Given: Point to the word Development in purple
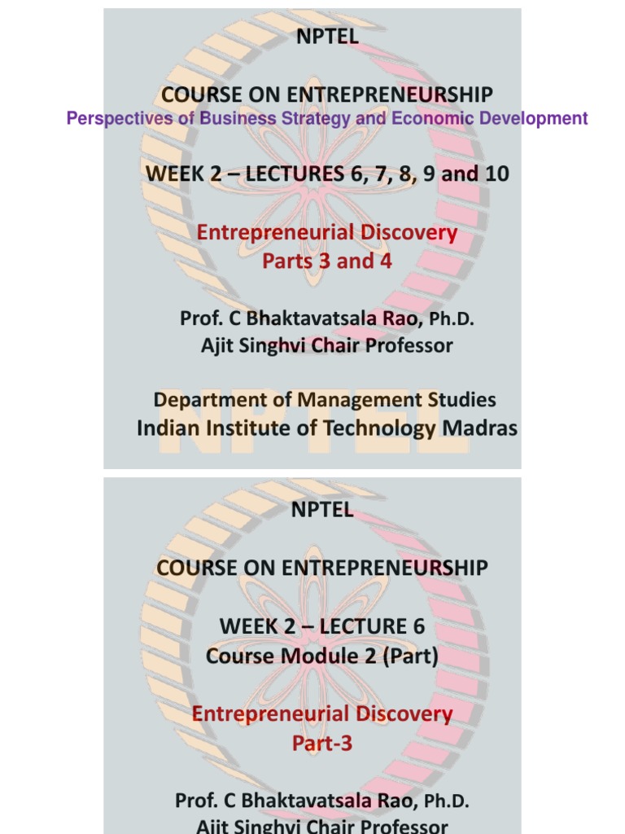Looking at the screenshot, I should tap(532, 119).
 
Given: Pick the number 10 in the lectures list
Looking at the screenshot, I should tap(496, 173).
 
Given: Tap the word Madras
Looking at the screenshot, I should tap(479, 428).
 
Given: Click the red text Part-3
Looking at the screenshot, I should tap(322, 744).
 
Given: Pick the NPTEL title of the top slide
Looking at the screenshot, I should tap(322, 37).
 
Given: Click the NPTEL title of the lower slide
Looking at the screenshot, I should tap(322, 510).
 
